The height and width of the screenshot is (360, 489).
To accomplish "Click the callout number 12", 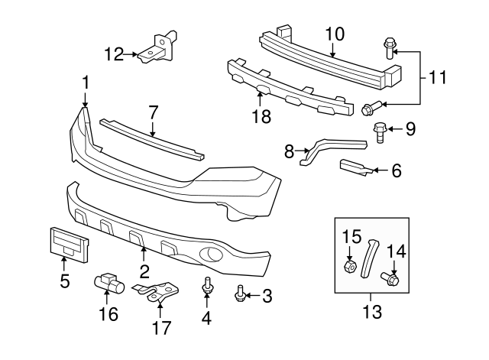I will pyautogui.click(x=113, y=53).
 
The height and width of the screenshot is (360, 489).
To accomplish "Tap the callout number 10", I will pyautogui.click(x=335, y=34).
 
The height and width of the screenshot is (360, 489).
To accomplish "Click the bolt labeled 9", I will pyautogui.click(x=379, y=130).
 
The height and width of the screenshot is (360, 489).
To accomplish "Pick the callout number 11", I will pyautogui.click(x=438, y=77).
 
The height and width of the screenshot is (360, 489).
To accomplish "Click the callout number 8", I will pyautogui.click(x=289, y=152).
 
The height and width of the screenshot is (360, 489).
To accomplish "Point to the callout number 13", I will pyautogui.click(x=371, y=313).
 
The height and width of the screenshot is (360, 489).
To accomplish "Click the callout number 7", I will pyautogui.click(x=153, y=112).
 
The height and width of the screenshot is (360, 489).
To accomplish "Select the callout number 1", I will pyautogui.click(x=86, y=82).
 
